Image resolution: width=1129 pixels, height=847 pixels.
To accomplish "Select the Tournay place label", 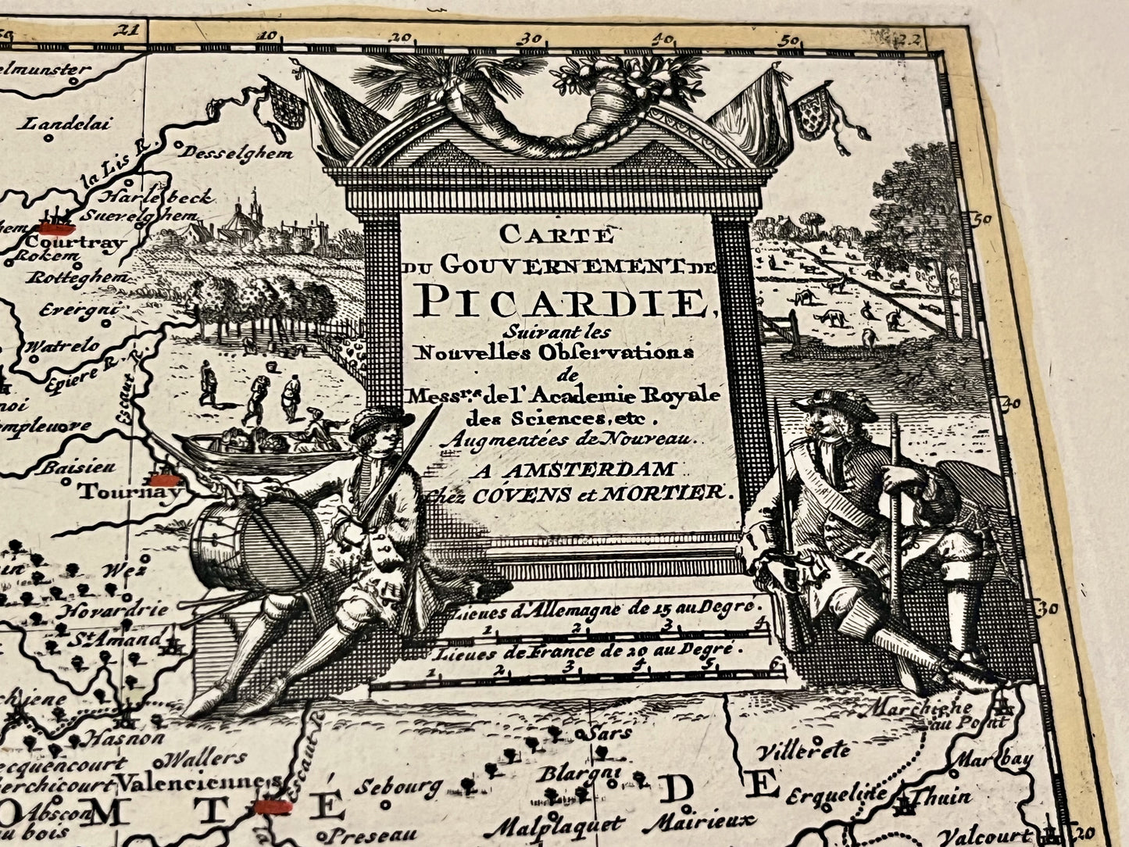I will coord(130,492).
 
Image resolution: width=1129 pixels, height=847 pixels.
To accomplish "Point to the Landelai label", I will coord(69,123).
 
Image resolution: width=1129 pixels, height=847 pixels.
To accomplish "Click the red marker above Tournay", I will coord(166,478).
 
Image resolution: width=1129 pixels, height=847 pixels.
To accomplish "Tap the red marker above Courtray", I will coord(56,227).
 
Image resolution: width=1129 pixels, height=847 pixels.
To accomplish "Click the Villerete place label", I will coord(804,751).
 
